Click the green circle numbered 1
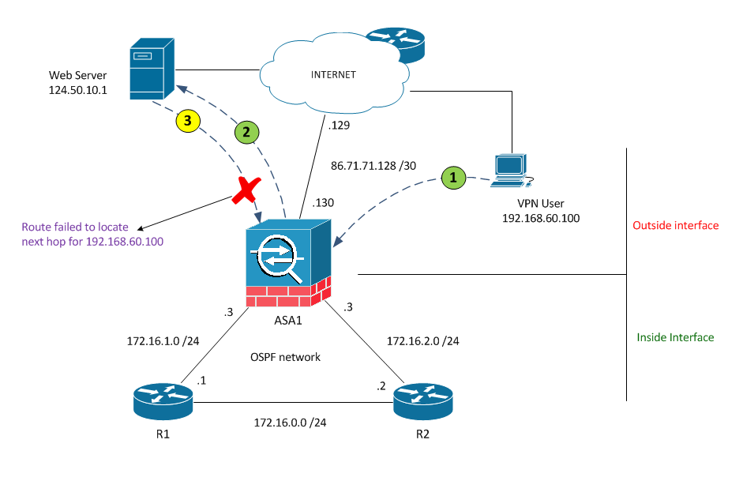point(453,178)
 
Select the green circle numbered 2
point(246,133)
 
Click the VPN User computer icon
point(509,170)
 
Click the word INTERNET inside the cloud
point(333,75)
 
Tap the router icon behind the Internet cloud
point(395,43)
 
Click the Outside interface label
point(676,226)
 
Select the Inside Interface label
point(675,337)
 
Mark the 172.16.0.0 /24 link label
point(291,423)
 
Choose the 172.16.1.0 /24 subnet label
point(162,341)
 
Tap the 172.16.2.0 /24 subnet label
point(422,341)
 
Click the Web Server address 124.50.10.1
point(77,90)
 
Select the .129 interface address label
point(340,126)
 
